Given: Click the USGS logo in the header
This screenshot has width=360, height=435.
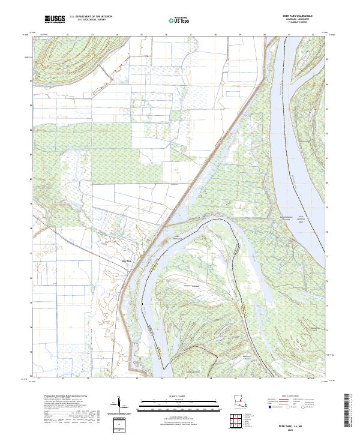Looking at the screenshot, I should tap(55, 20).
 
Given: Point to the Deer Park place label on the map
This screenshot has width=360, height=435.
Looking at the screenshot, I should tap(125, 260).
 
